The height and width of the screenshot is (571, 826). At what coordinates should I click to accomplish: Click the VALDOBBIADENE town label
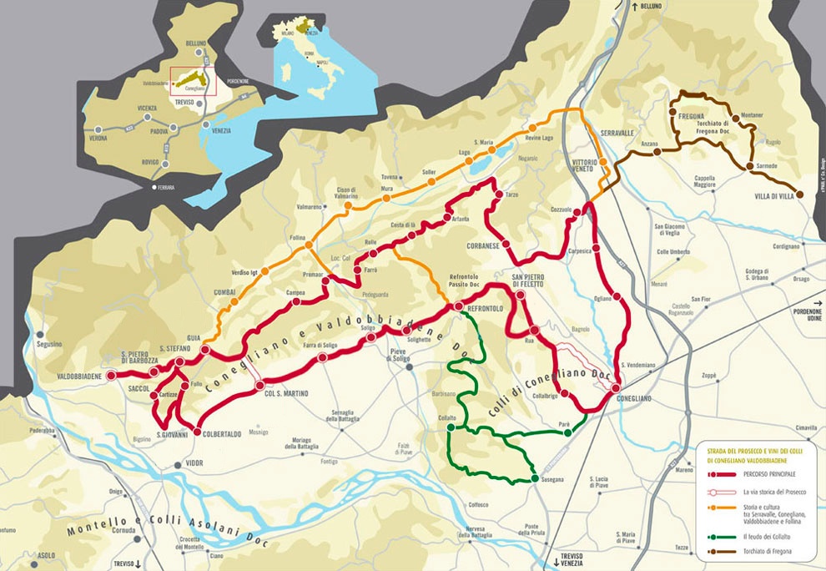pos(79,377)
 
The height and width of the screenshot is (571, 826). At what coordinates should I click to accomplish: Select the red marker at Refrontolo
pos(457,308)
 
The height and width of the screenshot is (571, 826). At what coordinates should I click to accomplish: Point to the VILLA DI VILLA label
pos(773,196)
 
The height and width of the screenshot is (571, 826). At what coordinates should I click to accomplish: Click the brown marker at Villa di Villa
pos(799,195)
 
